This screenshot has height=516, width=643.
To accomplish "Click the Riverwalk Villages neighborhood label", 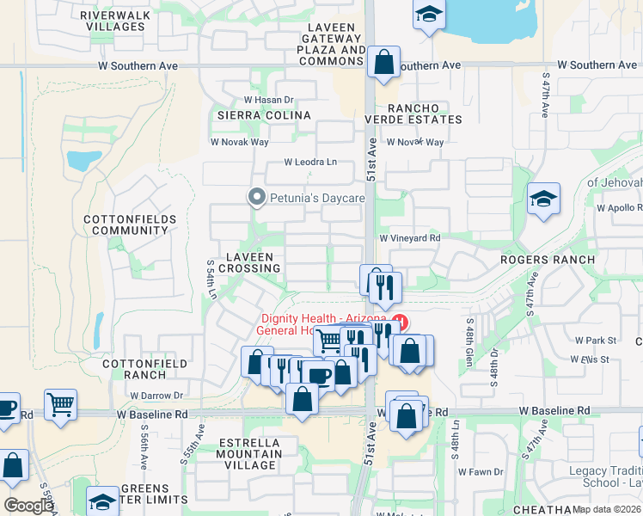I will coord(116,20).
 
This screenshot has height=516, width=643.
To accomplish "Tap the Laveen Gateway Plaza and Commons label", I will coord(332,45).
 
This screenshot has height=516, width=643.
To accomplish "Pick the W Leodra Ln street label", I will coord(310,163).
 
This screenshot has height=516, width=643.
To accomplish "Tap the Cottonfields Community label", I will coord(130,225).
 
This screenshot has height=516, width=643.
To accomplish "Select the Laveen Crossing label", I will coord(249,262).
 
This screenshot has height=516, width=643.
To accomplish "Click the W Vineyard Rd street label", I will coord(410,238).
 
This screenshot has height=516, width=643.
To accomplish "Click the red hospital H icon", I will coord(399,324).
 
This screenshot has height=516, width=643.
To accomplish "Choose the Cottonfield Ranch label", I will coord(133,369).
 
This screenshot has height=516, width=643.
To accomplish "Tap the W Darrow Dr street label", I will coord(156,396).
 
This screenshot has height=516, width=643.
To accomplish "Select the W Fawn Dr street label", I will coord(480,471).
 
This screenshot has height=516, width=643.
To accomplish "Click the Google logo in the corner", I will coord(29,506).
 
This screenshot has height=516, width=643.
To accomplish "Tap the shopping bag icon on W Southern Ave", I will coord(383,63).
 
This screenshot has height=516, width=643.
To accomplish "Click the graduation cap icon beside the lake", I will coord(428,15).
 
